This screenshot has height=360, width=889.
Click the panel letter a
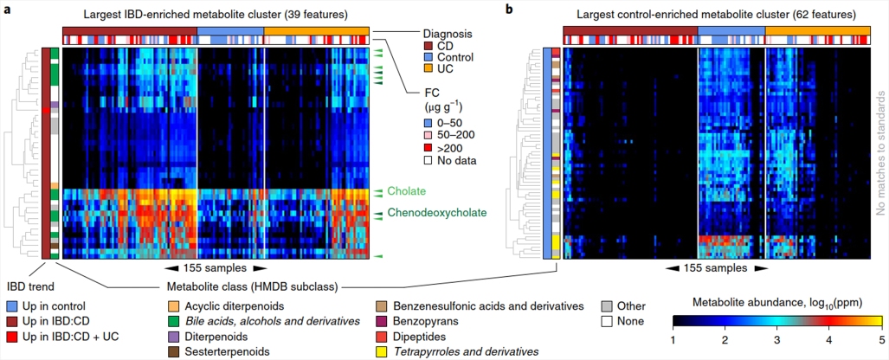pos(7,10)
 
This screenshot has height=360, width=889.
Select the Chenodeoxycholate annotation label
pos(437,212)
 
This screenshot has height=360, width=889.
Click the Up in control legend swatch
pos(10,306)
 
